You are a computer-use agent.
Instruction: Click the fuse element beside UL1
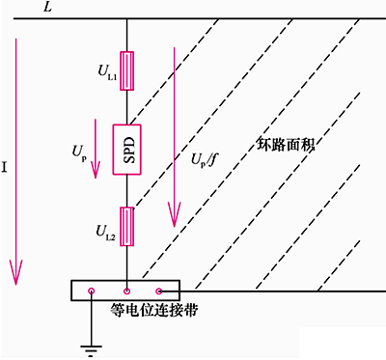[127, 71]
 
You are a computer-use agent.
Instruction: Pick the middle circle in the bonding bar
[126, 290]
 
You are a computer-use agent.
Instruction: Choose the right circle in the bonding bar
[159, 290]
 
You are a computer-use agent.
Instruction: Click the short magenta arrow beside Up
[95, 150]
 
